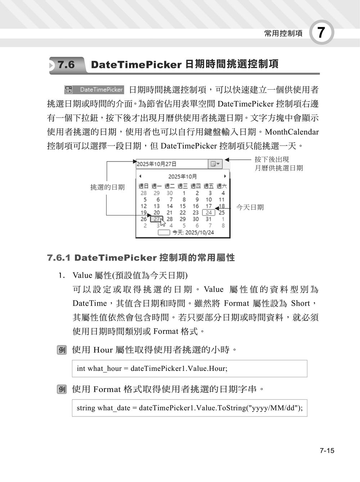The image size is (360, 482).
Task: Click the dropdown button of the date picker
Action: pos(215,164)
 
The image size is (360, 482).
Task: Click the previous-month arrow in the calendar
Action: pos(140,176)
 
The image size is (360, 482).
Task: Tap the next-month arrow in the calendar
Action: pos(225,176)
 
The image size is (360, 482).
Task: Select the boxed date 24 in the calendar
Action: pos(209,212)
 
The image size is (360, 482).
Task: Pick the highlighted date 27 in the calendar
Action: pos(157,219)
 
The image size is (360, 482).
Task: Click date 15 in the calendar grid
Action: pos(183,206)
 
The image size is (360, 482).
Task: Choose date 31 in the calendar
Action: pos(209,219)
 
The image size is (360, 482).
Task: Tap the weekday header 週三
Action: pos(183,186)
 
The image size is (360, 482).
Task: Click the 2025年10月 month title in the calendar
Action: pos(183,177)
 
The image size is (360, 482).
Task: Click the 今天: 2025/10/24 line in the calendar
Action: pos(193,232)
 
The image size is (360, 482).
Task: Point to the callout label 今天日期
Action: pos(250,207)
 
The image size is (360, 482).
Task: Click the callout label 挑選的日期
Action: pos(107,187)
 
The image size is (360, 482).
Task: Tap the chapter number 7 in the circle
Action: pos(321,33)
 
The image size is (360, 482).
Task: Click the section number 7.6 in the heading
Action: pos(66,65)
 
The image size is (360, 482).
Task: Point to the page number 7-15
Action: pos(327,451)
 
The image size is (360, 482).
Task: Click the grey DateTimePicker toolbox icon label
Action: pos(94,90)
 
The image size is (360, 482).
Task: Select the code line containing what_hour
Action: pos(152,368)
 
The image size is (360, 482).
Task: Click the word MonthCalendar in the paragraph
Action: pos(292,132)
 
